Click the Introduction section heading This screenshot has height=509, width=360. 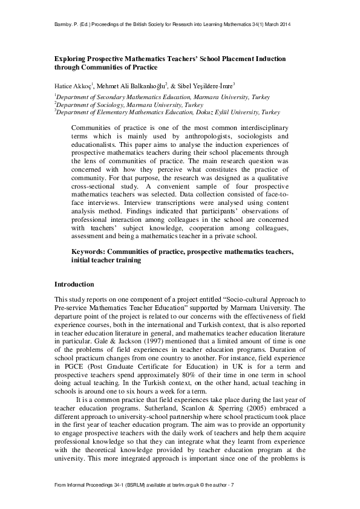tap(74, 284)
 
